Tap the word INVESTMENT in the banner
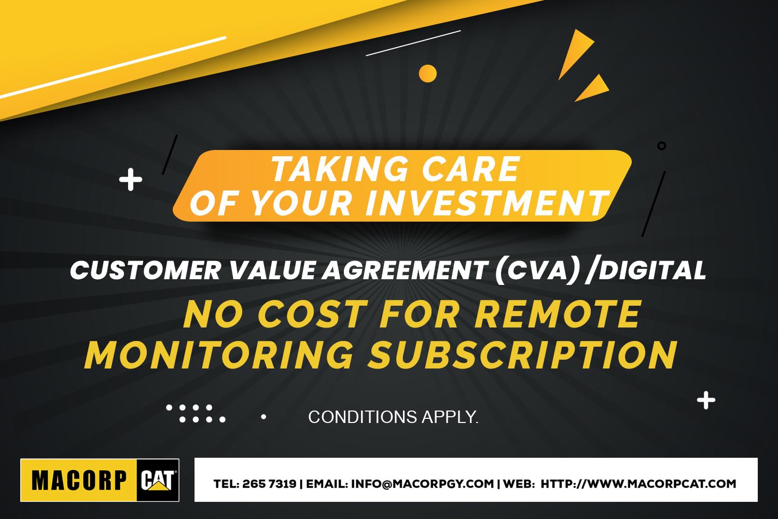pyautogui.click(x=487, y=203)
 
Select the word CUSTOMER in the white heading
pyautogui.click(x=146, y=270)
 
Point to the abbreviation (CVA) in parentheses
pyautogui.click(x=537, y=271)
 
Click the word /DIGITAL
pyautogui.click(x=646, y=270)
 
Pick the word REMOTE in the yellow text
pyautogui.click(x=558, y=315)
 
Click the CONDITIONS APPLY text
pyautogui.click(x=393, y=417)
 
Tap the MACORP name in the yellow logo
pyautogui.click(x=79, y=481)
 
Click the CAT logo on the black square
pyautogui.click(x=158, y=481)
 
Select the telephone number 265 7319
pyautogui.click(x=269, y=484)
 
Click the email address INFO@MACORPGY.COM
pyautogui.click(x=422, y=484)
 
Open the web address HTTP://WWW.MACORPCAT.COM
pyautogui.click(x=638, y=484)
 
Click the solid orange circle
pyautogui.click(x=427, y=74)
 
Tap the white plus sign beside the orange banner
pyautogui.click(x=131, y=180)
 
